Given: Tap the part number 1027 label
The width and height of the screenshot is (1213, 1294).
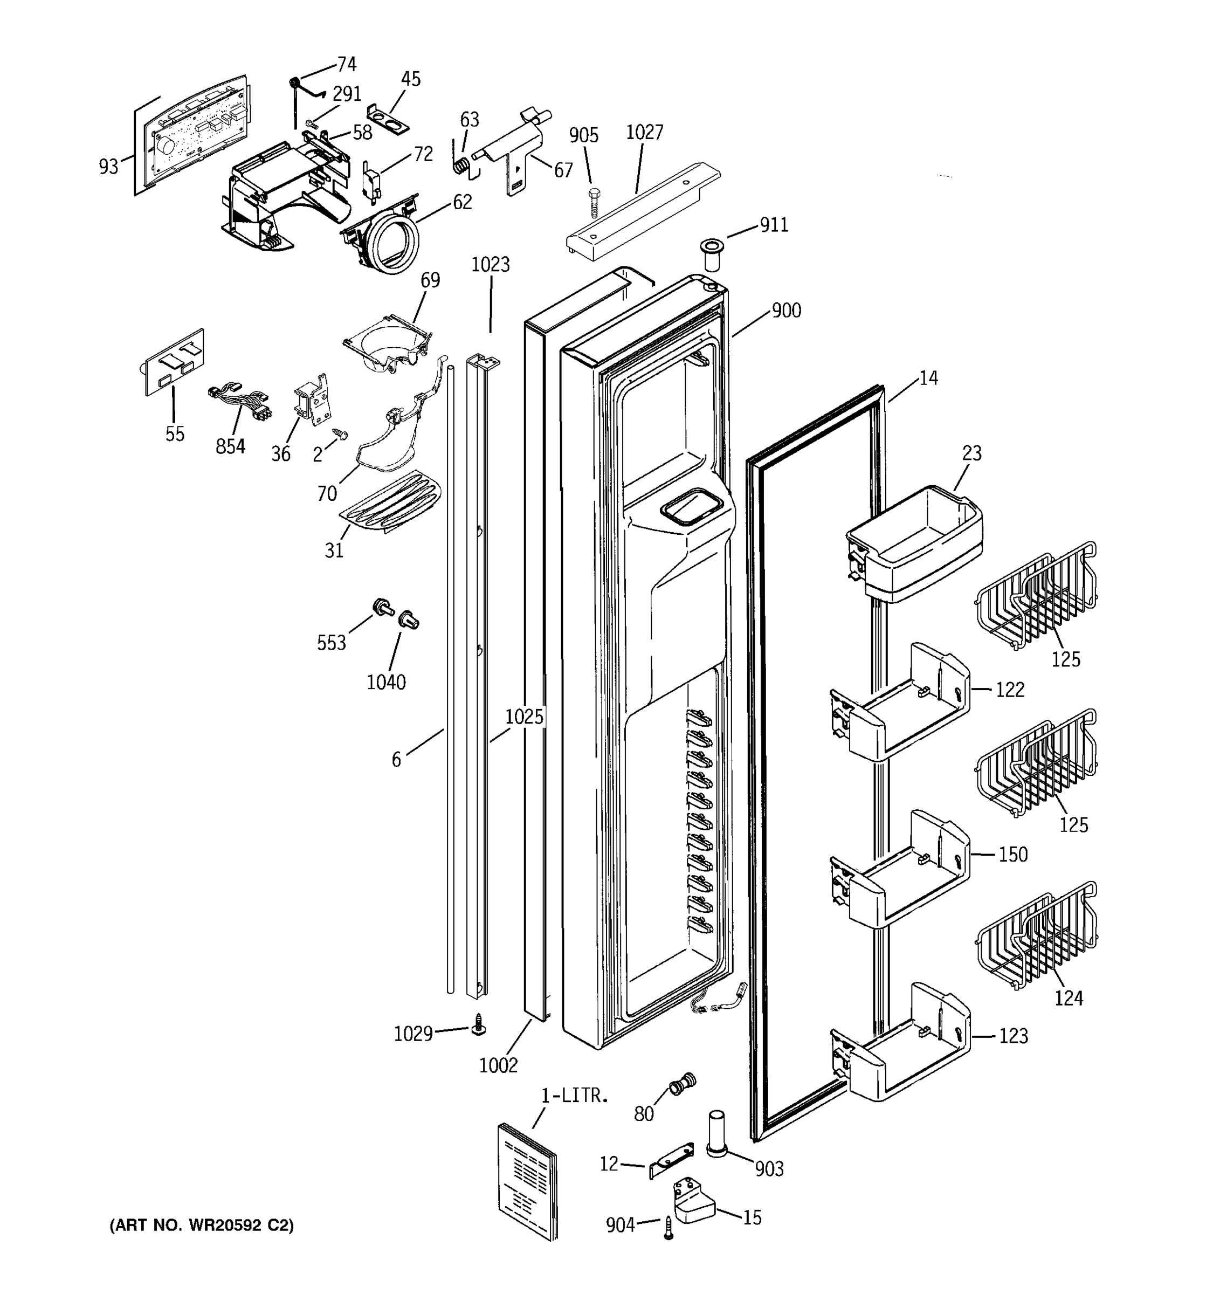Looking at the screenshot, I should pyautogui.click(x=644, y=132).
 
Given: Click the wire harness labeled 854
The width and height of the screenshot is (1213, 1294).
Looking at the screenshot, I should pyautogui.click(x=239, y=402).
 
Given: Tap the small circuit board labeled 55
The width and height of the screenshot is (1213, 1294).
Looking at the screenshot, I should pyautogui.click(x=174, y=362).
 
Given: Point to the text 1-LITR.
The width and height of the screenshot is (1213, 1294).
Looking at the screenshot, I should pyautogui.click(x=574, y=1096).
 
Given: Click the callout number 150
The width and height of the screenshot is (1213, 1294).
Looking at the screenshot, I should pyautogui.click(x=1012, y=854).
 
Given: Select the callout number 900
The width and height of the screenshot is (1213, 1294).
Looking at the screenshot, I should pyautogui.click(x=786, y=311).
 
